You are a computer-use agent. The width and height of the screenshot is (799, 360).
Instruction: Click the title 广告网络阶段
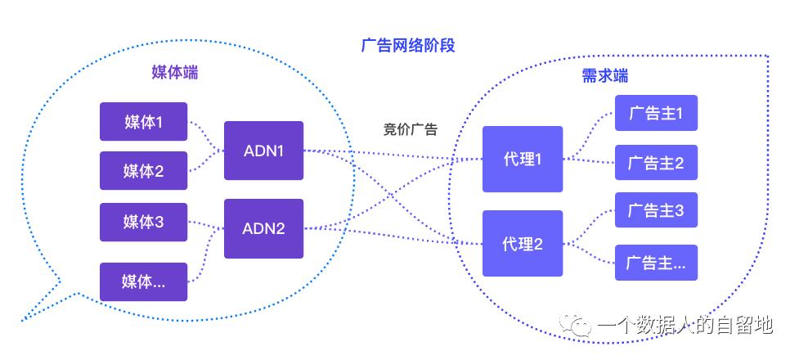407,45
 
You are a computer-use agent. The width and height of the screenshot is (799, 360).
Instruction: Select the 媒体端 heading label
175,73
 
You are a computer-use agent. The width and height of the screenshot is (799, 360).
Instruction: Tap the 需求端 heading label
605,76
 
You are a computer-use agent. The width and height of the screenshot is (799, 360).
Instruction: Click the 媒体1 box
143,122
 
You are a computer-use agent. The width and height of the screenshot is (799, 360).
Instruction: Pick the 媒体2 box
143,170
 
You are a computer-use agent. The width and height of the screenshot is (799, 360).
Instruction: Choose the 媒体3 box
143,222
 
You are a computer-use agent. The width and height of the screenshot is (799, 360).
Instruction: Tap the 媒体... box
143,281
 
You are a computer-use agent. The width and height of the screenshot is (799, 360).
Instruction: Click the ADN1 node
263,151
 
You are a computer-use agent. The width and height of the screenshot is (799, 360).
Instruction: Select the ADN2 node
263,228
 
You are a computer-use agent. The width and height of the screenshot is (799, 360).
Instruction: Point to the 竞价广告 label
410,129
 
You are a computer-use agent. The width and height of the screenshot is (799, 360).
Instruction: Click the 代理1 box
522,159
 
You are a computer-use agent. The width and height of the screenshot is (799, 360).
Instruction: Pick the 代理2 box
522,243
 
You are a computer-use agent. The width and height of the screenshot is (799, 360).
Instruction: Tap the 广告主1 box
656,113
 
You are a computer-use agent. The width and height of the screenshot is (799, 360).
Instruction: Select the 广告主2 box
656,162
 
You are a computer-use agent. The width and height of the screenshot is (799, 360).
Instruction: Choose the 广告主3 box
656,211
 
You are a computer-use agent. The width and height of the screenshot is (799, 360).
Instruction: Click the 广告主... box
656,263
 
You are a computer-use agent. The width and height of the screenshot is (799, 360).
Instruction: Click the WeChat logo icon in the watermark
578,326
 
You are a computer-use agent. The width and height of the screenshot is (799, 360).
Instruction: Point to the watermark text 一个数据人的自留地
685,326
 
